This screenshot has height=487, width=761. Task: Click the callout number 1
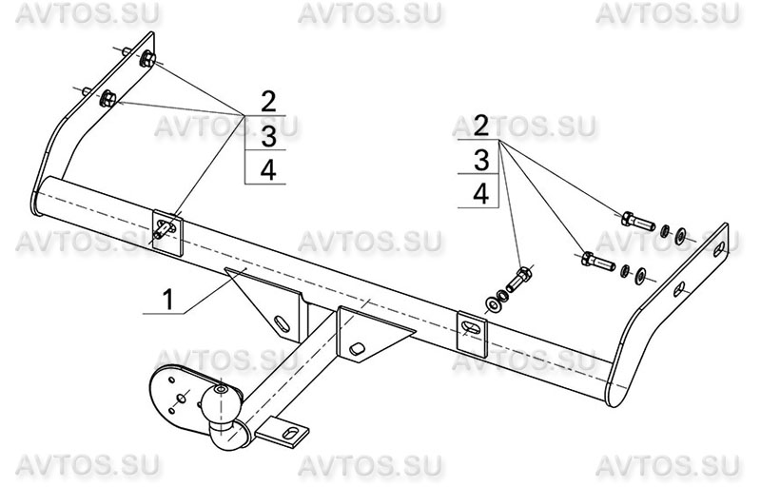(x=168, y=300)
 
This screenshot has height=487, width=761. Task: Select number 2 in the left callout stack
(x=268, y=102)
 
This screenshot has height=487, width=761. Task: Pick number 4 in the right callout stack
(x=480, y=194)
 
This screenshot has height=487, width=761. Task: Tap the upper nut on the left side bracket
(x=147, y=60)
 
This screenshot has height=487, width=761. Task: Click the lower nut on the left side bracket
(x=107, y=99)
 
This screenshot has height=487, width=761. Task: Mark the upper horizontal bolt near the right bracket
(x=638, y=222)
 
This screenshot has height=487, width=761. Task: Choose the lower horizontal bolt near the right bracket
(x=598, y=261)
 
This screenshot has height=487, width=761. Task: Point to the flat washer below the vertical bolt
(x=494, y=305)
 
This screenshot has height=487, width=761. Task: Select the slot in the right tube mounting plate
(x=471, y=327)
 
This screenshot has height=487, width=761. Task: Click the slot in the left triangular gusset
(x=283, y=323)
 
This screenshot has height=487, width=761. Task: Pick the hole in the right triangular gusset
(x=359, y=349)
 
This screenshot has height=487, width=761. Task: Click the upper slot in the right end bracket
(x=719, y=248)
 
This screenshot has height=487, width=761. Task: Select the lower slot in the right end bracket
(x=678, y=288)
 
